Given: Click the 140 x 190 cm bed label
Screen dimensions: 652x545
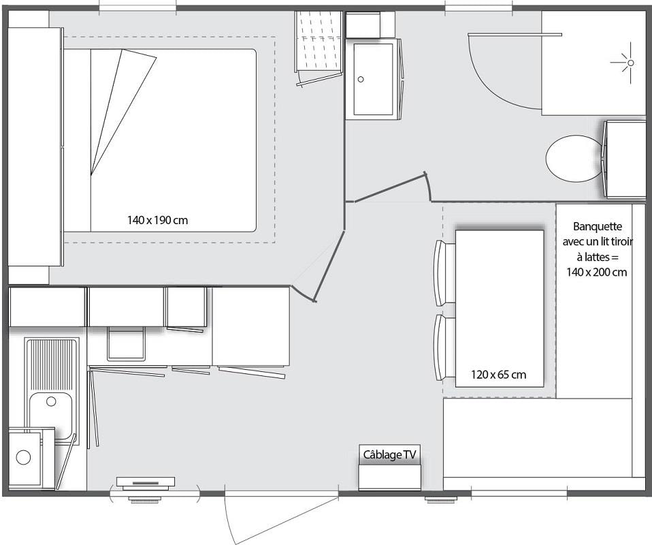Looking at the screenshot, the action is (x=157, y=220).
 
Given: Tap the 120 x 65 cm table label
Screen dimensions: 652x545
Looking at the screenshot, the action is (x=499, y=375).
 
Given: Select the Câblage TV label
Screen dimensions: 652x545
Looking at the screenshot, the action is (x=389, y=454).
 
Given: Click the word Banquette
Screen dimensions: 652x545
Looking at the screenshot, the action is (x=598, y=226).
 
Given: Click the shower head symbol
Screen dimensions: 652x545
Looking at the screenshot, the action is (x=630, y=63).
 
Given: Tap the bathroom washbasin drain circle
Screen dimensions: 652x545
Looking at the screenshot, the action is (x=361, y=79).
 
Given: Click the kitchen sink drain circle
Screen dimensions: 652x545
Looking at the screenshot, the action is (x=51, y=401).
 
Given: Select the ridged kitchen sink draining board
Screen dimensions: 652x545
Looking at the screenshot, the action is (x=52, y=364).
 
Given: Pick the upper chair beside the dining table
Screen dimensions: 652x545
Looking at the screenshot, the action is (x=445, y=272).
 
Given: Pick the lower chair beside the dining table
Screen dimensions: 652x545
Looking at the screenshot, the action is (x=445, y=347).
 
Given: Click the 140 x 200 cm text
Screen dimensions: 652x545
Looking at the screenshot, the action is (x=597, y=272).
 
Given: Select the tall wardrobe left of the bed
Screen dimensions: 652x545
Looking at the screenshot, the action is (x=35, y=146).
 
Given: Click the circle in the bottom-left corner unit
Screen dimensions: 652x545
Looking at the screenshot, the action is (x=23, y=457).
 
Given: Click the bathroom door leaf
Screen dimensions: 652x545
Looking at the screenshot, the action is (x=390, y=189).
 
